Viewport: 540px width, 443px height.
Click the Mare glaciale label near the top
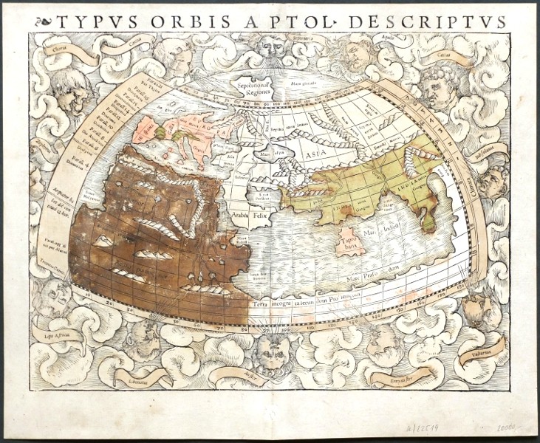tap(307, 83)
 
